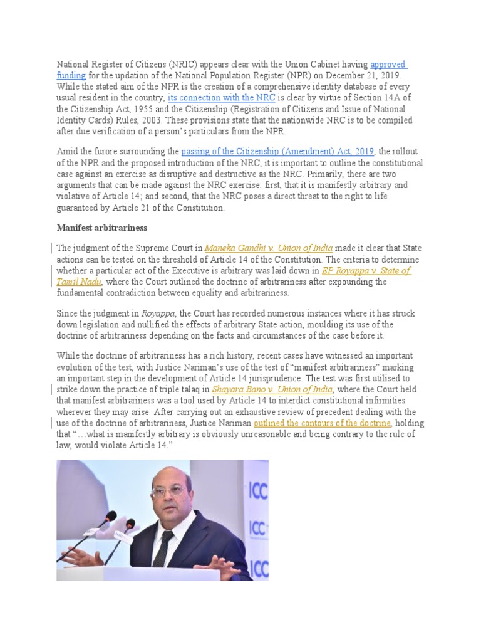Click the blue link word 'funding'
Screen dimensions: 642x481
(x=71, y=75)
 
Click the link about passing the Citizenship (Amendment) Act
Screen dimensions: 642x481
(x=277, y=151)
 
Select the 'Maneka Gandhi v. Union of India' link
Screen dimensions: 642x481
(x=269, y=248)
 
